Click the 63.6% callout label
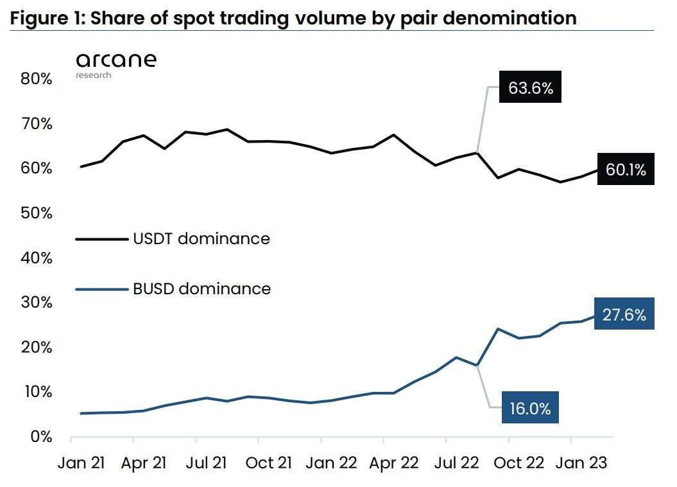[x=530, y=88]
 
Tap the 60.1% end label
[x=626, y=170]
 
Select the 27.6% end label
[x=624, y=315]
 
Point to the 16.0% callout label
[x=529, y=409]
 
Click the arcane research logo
[x=116, y=65]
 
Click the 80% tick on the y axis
[x=36, y=79]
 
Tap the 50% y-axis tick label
[x=36, y=213]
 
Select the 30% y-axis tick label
[x=36, y=302]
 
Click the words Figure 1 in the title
[x=46, y=18]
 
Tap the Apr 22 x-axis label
[x=394, y=463]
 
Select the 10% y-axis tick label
[x=36, y=391]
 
